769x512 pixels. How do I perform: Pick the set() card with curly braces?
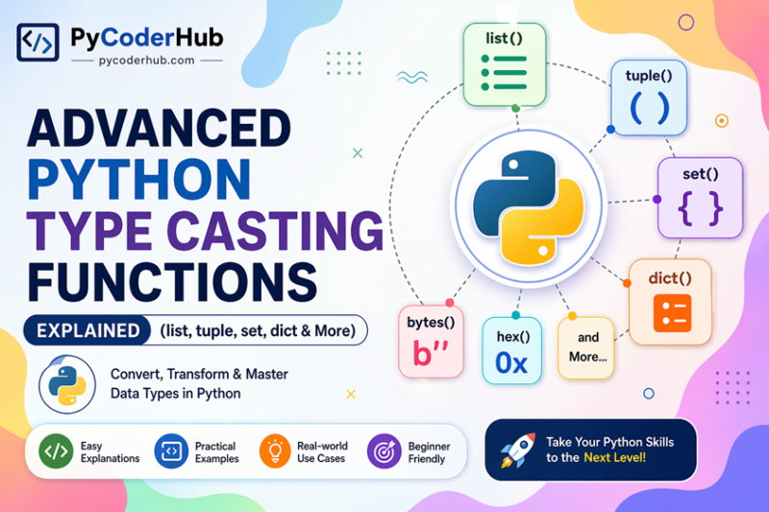pyautogui.click(x=699, y=197)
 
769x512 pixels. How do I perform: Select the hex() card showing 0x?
pyautogui.click(x=512, y=351)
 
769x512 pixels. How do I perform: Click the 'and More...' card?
pyautogui.click(x=585, y=348)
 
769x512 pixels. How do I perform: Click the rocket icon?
pyautogui.click(x=517, y=451)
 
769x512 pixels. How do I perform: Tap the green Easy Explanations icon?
pyautogui.click(x=54, y=451)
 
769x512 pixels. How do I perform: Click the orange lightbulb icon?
pyautogui.click(x=274, y=451)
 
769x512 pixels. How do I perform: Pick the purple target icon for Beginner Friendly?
pyautogui.click(x=384, y=451)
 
